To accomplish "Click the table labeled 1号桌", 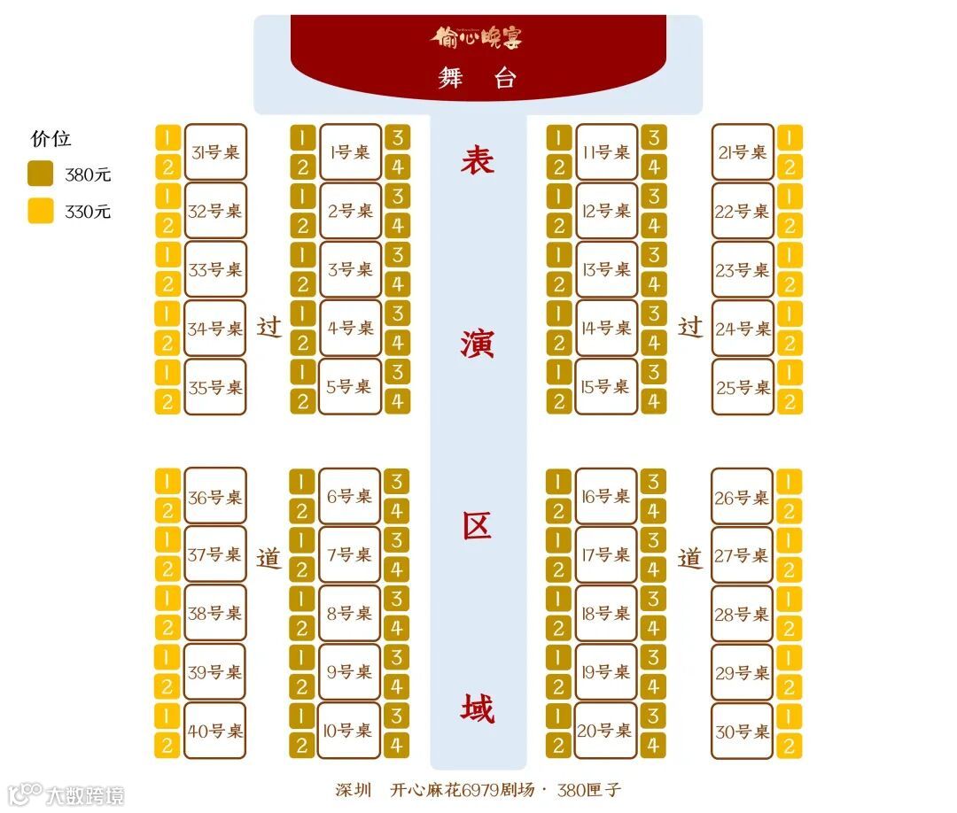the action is [x=350, y=152].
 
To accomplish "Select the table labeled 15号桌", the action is [x=606, y=387].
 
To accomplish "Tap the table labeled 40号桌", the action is [x=215, y=732].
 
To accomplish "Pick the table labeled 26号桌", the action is [x=743, y=498].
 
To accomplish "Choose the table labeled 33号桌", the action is [x=215, y=270].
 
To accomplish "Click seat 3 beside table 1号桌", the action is [x=396, y=138].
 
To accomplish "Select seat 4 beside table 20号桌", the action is [x=653, y=746].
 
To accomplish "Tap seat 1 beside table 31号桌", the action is [x=167, y=138].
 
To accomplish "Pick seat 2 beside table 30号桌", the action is [x=789, y=746].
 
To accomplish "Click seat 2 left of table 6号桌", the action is [x=302, y=511].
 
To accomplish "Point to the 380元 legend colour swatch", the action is [x=41, y=174].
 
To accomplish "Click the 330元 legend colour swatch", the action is [x=41, y=212].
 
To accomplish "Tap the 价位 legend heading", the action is [x=51, y=138].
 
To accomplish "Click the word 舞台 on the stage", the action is [x=477, y=79].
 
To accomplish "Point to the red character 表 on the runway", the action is [x=478, y=160].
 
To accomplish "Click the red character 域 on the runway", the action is [x=478, y=708].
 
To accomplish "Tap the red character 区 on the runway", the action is [x=478, y=526].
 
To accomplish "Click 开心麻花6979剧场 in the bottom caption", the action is [x=463, y=790].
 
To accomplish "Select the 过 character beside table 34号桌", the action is [x=269, y=328].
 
